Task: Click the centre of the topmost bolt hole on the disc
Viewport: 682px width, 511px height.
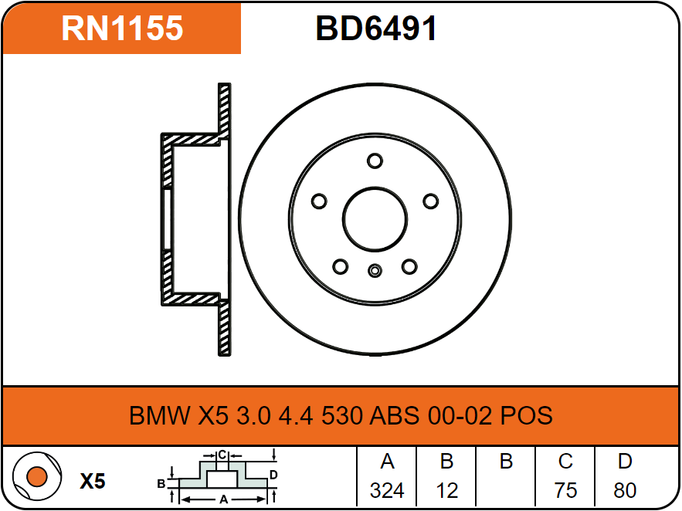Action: (375, 161)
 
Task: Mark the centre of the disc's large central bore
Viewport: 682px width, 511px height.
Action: (375, 219)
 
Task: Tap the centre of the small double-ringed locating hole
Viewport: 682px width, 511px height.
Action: (375, 271)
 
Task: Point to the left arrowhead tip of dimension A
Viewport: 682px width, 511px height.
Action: (180, 499)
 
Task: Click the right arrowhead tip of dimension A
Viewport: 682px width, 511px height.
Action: (266, 499)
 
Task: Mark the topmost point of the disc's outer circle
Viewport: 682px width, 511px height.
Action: (375, 83)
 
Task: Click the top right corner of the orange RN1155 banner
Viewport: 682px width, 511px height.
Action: (240, 4)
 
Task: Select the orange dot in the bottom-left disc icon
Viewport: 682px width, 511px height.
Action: (36, 477)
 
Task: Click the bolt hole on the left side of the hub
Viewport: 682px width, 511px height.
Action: (319, 201)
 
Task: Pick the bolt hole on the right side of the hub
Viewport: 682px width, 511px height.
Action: (431, 201)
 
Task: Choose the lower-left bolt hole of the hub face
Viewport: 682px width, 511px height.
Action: (340, 266)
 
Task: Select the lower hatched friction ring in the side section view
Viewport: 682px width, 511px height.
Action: (225, 328)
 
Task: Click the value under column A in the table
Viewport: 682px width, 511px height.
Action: (387, 491)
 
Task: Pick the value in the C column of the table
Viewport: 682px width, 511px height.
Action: (565, 491)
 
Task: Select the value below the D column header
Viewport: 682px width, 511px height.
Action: (625, 491)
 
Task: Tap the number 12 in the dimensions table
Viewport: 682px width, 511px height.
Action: (446, 491)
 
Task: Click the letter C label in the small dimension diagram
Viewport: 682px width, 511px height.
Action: (222, 455)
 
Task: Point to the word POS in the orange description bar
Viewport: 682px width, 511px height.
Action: (526, 415)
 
